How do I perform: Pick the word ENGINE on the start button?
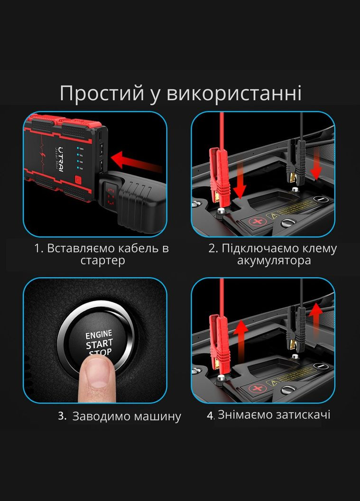[99, 334]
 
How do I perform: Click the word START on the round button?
[100, 343]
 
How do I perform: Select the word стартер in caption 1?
[103, 261]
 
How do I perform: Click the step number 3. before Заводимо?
[62, 417]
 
